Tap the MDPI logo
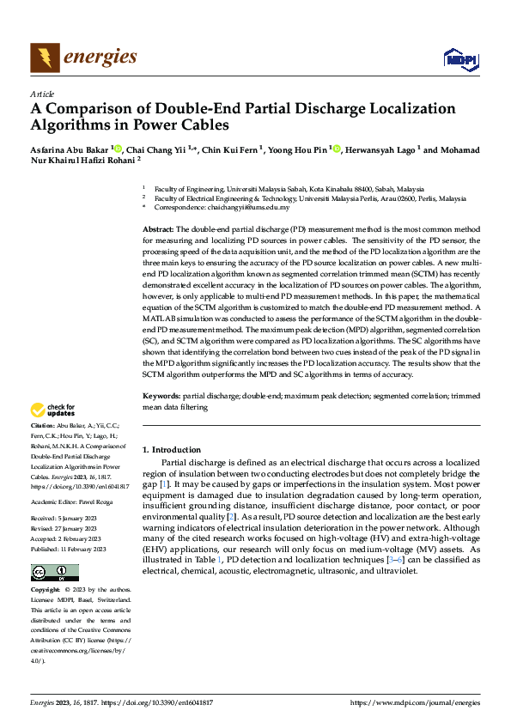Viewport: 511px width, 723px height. [x=459, y=58]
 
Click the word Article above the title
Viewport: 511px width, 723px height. [x=42, y=94]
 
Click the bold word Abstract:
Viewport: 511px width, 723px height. [x=158, y=230]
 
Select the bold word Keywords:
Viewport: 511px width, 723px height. [x=161, y=397]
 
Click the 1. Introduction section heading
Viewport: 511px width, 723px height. [x=172, y=449]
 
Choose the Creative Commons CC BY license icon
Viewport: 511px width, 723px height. [x=54, y=572]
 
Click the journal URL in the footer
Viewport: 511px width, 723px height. [x=415, y=703]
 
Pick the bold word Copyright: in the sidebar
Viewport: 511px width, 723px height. [x=46, y=591]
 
